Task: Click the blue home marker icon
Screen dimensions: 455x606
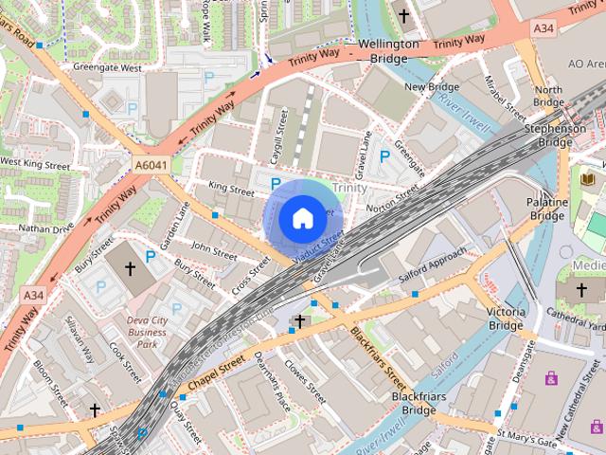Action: coord(302,218)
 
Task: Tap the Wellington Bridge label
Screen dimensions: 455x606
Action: coord(388,51)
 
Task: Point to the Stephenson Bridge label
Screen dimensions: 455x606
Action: coord(555,135)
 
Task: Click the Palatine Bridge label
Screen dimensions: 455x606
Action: coord(547,209)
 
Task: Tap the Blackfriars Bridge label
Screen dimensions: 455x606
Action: coord(413,403)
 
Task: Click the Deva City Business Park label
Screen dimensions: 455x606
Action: coord(147,332)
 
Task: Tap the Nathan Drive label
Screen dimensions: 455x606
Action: coord(45,228)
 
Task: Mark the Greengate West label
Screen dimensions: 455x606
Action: coord(109,68)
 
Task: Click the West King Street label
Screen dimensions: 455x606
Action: coord(35,164)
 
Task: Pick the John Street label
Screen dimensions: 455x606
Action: coord(214,253)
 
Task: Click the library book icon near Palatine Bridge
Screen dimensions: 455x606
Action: coord(587,178)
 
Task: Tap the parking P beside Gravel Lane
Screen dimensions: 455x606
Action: coord(384,156)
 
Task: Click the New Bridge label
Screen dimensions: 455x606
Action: coord(431,87)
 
